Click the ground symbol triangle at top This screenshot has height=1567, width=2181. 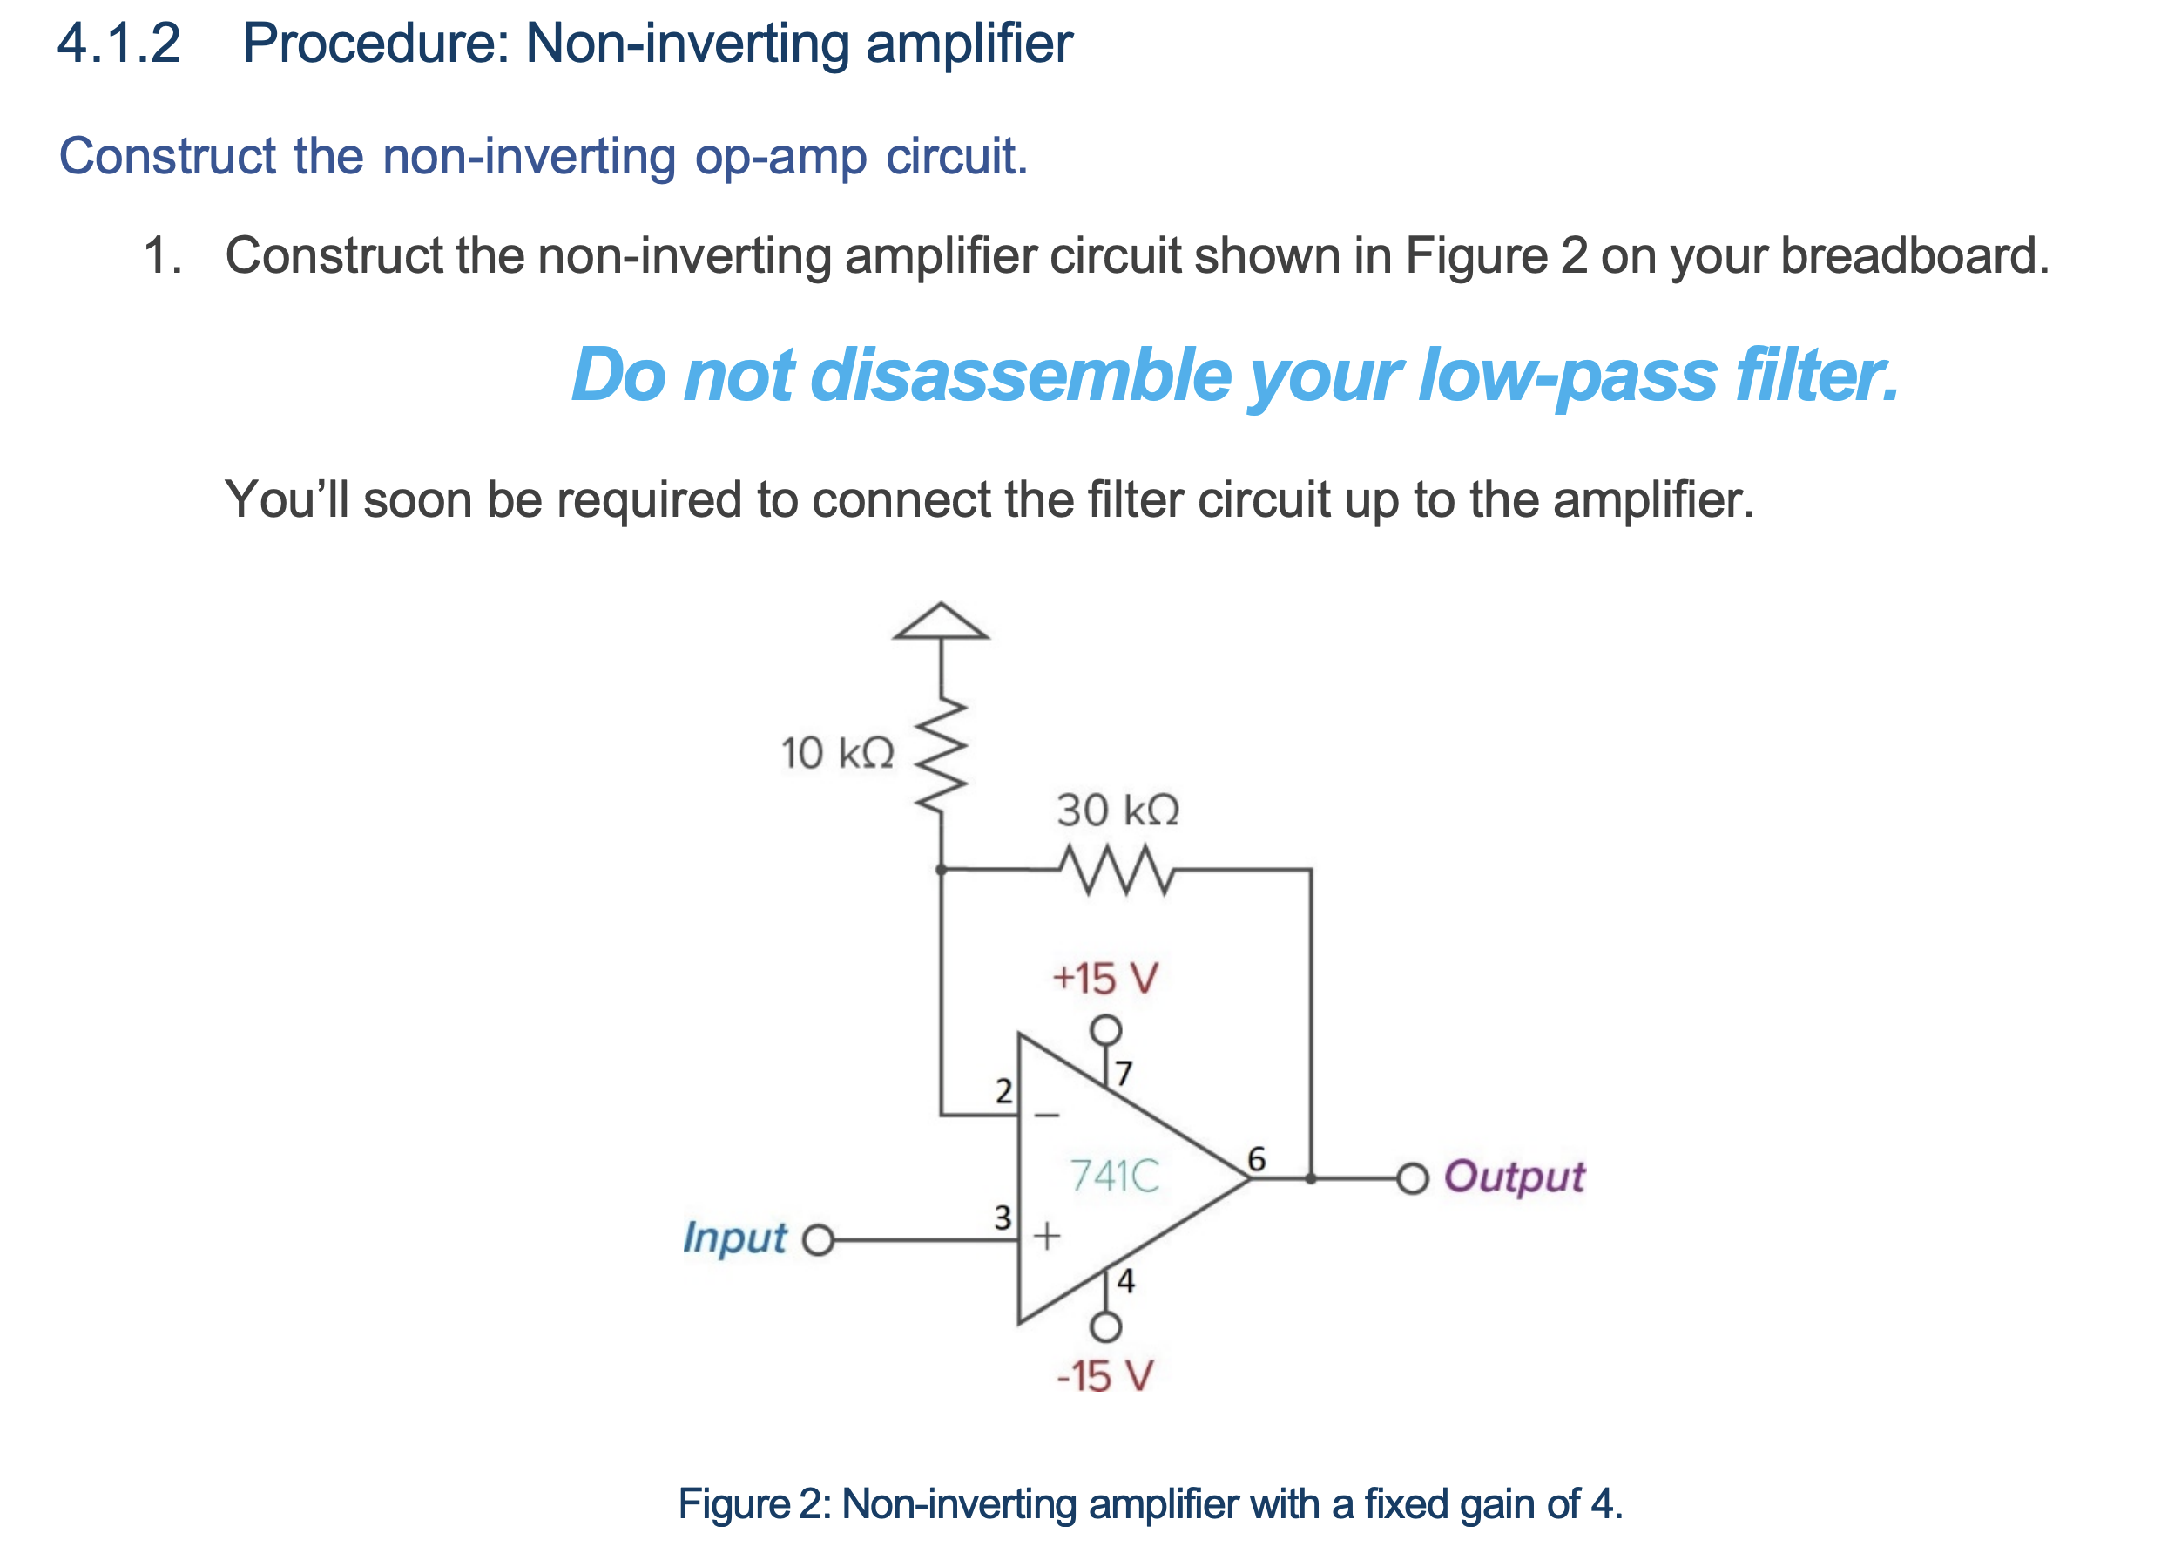tap(940, 622)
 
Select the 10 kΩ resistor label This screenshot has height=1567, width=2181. tap(837, 752)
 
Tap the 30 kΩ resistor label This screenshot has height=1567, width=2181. tap(1118, 810)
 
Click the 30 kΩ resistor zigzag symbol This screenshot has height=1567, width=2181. tap(1117, 870)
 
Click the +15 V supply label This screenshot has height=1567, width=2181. tap(1105, 979)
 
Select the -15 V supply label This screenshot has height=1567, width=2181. tap(1104, 1376)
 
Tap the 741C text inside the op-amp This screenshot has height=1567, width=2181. tap(1115, 1176)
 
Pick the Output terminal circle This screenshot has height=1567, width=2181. tap(1412, 1178)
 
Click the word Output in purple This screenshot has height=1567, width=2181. tap(1514, 1177)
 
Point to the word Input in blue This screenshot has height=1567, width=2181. tap(734, 1238)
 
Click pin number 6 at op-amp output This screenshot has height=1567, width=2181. tap(1256, 1158)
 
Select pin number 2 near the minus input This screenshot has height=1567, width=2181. tap(1003, 1091)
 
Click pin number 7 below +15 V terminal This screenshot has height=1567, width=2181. tap(1124, 1073)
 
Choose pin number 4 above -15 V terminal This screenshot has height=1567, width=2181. tap(1125, 1280)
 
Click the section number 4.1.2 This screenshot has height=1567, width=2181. tap(118, 44)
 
